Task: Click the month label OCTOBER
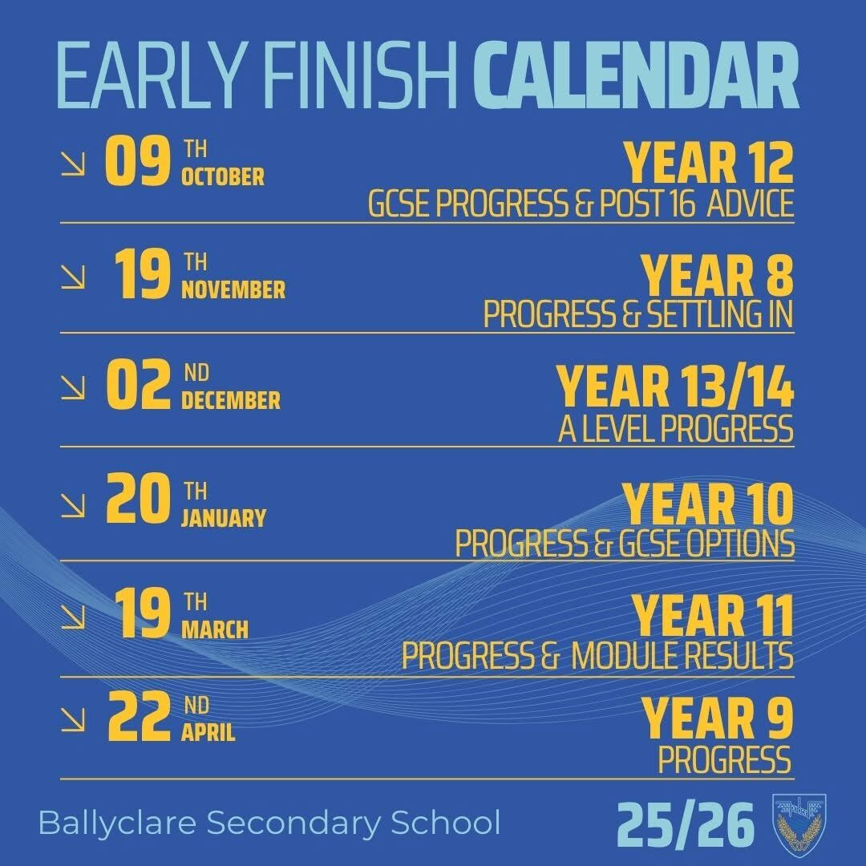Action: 223,177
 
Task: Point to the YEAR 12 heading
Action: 709,162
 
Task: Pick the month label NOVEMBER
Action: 233,290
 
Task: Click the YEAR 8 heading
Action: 717,276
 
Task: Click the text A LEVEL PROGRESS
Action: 675,428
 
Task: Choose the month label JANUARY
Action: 223,519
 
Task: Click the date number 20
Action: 138,498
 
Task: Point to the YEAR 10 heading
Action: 708,504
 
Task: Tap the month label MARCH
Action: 214,630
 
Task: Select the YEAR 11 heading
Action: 713,616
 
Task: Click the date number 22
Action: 139,717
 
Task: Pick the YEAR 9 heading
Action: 717,718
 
